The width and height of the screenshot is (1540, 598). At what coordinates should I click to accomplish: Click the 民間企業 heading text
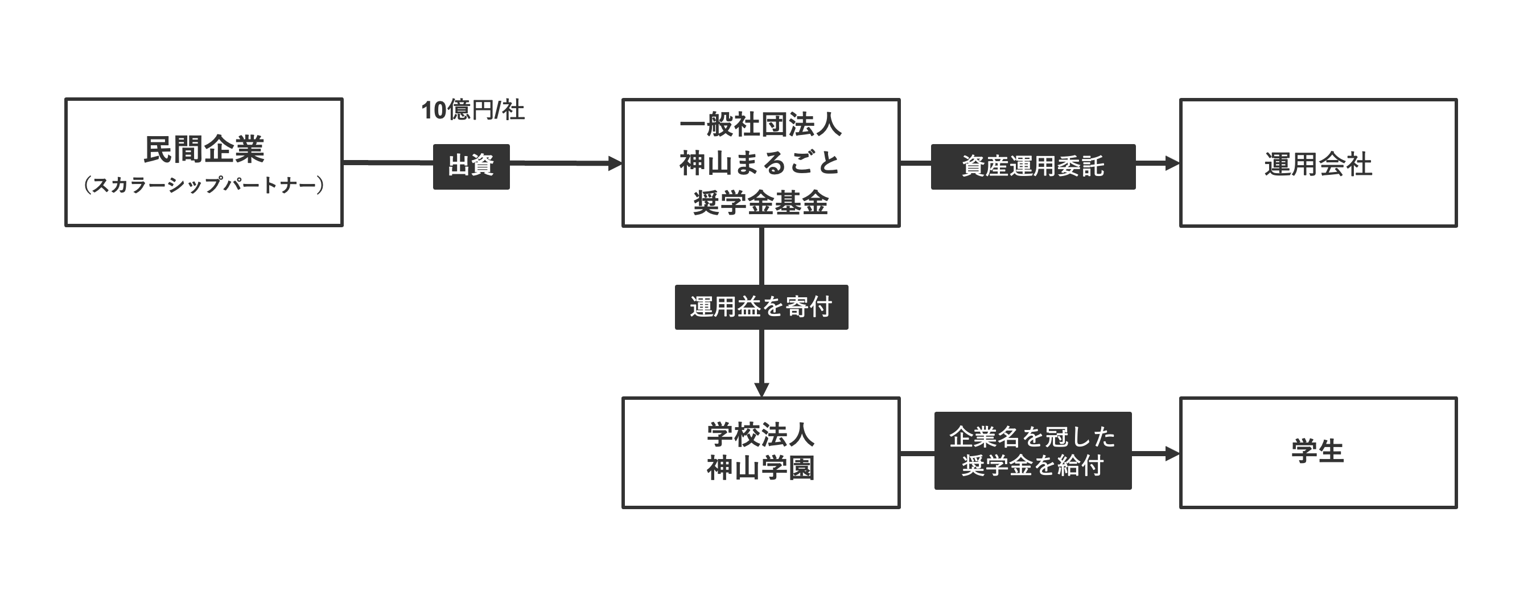(204, 149)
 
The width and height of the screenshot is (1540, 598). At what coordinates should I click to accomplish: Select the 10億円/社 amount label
(473, 110)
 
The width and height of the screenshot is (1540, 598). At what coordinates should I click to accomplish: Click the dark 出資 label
(471, 166)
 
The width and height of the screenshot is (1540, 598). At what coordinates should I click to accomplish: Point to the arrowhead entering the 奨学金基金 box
(615, 163)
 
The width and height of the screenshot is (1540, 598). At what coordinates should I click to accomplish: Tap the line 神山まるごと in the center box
(760, 163)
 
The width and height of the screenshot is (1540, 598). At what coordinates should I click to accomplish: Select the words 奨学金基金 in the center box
(760, 203)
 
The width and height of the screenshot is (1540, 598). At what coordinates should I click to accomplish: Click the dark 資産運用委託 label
(1032, 166)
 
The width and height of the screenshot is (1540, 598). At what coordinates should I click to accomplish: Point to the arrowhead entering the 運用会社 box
(1172, 163)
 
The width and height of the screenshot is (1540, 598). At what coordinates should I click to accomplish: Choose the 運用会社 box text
(1317, 165)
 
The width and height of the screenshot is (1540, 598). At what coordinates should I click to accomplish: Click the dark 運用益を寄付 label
(761, 307)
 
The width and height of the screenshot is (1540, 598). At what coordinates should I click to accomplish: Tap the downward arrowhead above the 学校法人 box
(761, 390)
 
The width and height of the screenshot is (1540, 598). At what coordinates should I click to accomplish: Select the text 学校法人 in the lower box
(760, 435)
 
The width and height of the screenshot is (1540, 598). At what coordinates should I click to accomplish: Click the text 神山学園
(760, 468)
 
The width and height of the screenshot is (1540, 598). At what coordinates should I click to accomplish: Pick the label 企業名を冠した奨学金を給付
(1032, 451)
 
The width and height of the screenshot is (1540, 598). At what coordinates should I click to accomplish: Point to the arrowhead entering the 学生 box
(1172, 454)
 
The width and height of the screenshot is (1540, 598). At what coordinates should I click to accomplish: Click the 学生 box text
(1317, 452)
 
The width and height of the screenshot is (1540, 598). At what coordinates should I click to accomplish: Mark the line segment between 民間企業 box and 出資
(388, 162)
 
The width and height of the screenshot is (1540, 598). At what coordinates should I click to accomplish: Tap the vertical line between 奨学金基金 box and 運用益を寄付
(761, 256)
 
